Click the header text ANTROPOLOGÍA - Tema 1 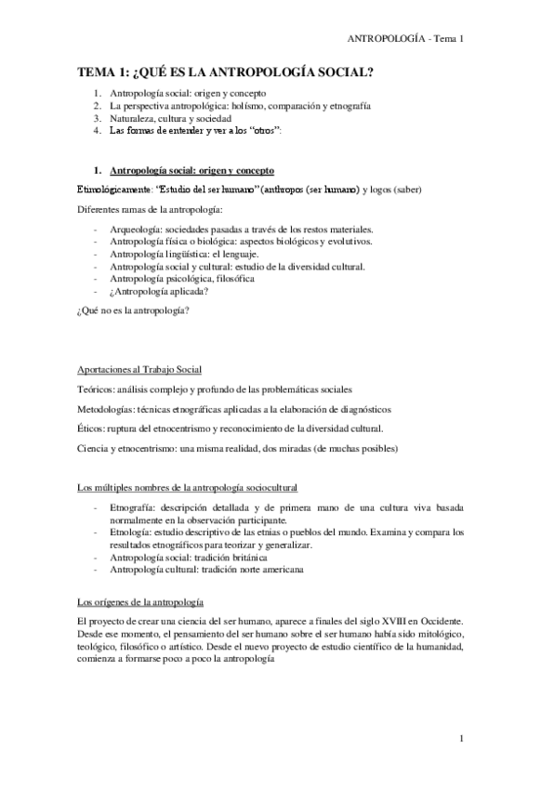(404, 39)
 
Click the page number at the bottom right (461, 739)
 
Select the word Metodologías (106, 409)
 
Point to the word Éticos (91, 428)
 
